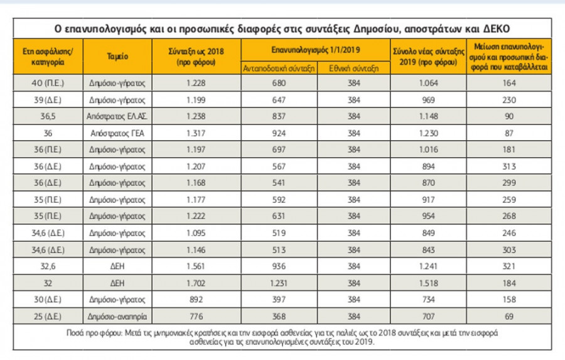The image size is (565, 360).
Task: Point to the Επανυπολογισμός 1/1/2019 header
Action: [x=312, y=48]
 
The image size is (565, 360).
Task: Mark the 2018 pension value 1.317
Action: [x=197, y=133]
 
